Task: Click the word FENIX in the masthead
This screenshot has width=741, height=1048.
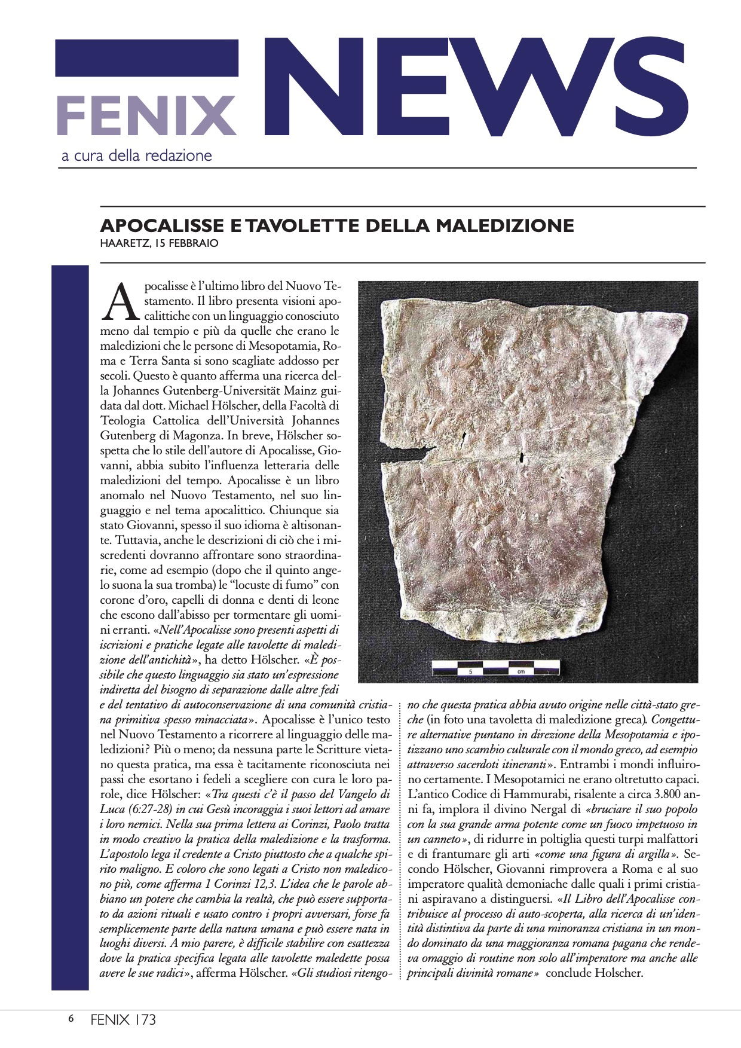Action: point(147,115)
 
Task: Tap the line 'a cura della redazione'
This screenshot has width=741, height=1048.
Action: point(137,156)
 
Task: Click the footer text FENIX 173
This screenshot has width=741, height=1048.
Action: point(123,1019)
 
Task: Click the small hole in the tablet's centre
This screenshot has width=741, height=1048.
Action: point(521,458)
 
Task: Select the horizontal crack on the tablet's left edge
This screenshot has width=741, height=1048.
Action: point(406,461)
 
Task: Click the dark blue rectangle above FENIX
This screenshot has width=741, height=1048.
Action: point(147,58)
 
